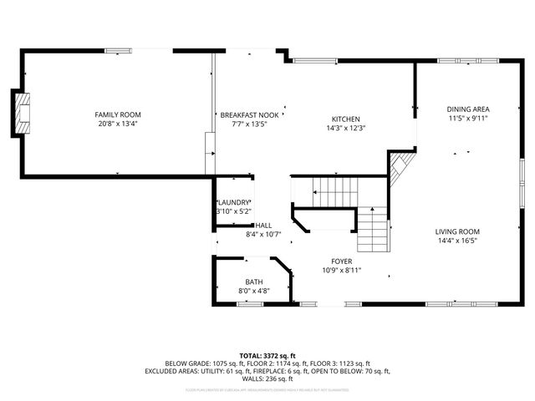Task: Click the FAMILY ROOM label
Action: (117, 114)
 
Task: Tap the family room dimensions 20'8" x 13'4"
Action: (117, 124)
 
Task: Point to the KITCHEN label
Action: (345, 118)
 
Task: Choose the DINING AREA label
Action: (467, 109)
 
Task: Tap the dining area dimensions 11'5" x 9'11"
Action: (467, 119)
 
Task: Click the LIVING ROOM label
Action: (457, 231)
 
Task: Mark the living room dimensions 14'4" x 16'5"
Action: (457, 241)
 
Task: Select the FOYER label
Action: (341, 261)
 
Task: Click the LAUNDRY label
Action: (234, 202)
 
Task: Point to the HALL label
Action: (263, 225)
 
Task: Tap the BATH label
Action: (253, 282)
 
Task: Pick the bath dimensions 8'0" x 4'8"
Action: (253, 291)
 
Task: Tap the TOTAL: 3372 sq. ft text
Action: (267, 355)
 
